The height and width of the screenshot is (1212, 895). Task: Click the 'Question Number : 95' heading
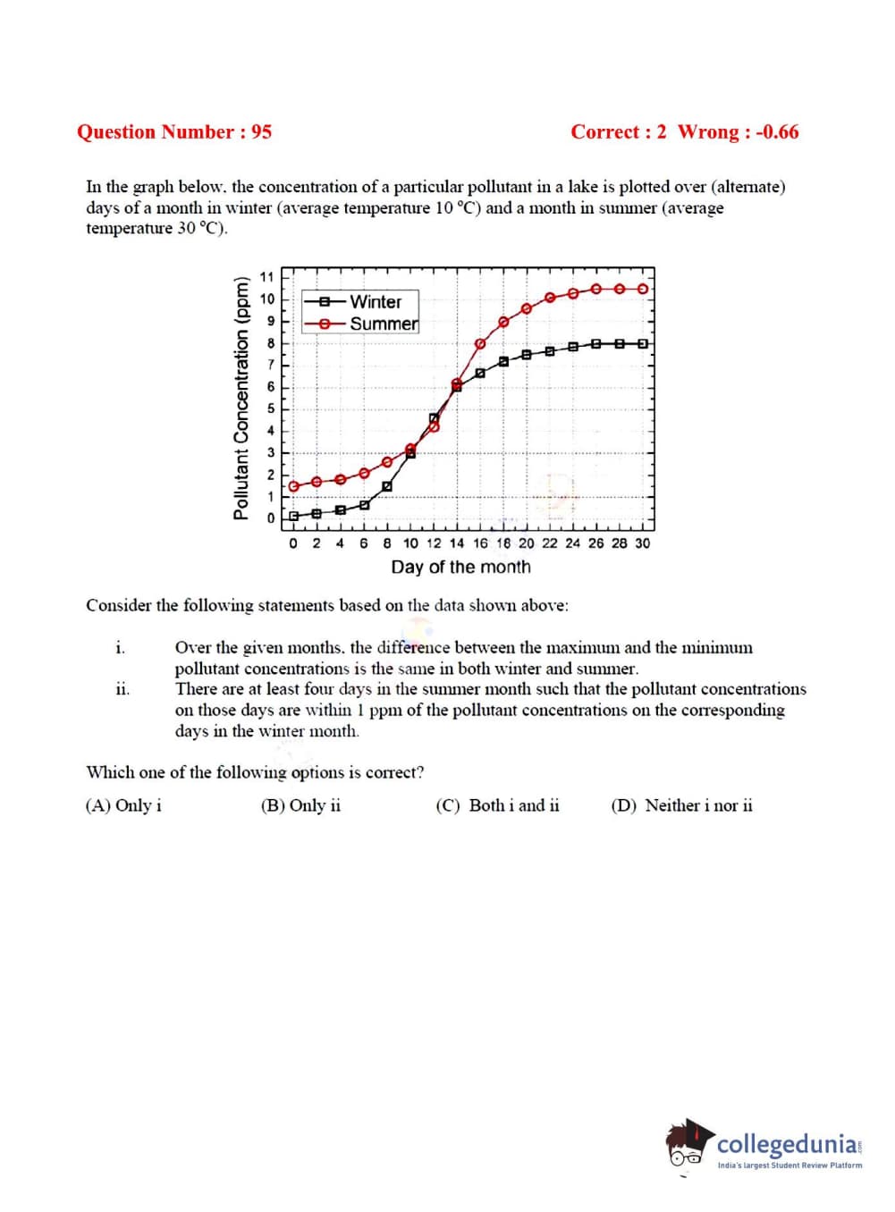(174, 132)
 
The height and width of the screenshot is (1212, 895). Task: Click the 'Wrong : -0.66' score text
(738, 132)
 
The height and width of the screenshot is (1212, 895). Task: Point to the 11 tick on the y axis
(267, 277)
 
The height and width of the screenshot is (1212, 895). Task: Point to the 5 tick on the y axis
(271, 408)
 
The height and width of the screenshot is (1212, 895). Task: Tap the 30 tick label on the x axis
(642, 543)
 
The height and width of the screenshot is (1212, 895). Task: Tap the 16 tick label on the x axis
(480, 543)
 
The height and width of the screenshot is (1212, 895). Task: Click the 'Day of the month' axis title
(460, 567)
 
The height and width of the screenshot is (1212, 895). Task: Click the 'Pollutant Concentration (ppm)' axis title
(241, 398)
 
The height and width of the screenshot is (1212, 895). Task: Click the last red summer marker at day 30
(642, 289)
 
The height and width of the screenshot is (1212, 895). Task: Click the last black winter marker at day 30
(642, 343)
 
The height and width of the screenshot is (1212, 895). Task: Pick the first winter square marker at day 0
(293, 517)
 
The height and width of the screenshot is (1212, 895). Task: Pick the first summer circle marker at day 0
(293, 485)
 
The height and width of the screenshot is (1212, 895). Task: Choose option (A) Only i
(123, 805)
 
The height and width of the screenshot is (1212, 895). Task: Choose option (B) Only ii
(300, 805)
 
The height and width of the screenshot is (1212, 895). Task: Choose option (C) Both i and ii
(498, 805)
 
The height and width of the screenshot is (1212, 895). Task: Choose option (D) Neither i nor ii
(681, 805)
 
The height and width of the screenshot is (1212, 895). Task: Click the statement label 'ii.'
(122, 689)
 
